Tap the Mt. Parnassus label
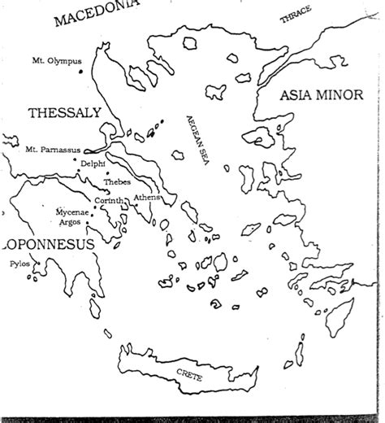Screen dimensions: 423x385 41,150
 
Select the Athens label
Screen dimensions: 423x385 148,198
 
